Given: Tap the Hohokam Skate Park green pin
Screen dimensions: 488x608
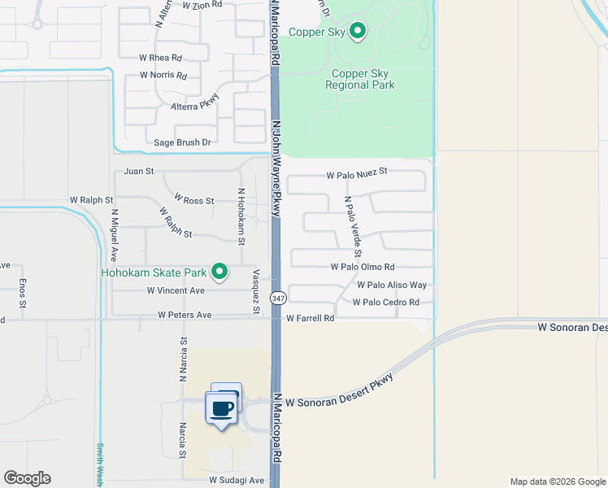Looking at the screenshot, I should coord(219,272).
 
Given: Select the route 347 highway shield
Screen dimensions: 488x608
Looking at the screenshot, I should coord(278,298).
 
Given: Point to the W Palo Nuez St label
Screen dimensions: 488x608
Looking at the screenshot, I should coord(358,173).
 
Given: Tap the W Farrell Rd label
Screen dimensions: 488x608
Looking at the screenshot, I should coord(310,318).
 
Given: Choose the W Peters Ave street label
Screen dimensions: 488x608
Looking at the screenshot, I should coord(185,315).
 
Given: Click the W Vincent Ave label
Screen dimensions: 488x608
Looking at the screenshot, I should coord(176,290).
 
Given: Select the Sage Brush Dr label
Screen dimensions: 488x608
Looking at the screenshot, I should coord(182,142).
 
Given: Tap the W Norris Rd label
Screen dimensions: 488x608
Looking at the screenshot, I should coord(163,75).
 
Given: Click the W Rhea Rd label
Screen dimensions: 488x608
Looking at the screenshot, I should coord(160,58).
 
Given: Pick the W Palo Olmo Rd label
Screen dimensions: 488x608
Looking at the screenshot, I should coord(363,267).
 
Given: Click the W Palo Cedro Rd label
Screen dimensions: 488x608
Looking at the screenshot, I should coord(385,303).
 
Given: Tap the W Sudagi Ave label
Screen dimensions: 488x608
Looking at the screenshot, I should coord(237,480).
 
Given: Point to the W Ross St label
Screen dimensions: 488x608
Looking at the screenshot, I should coord(193,200).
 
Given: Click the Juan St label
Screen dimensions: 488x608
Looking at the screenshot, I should coord(139,172).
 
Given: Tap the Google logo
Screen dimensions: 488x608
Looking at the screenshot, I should coord(27,478).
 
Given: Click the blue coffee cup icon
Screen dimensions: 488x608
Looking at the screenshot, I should coord(222,407).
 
